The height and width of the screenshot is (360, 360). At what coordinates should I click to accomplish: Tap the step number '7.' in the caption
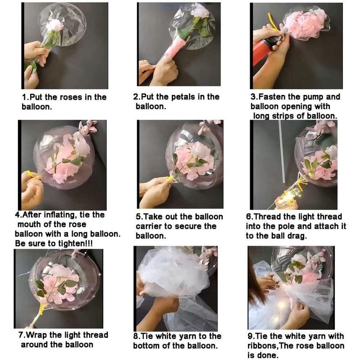22,335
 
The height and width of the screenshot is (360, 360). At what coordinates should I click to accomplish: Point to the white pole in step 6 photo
282,153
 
